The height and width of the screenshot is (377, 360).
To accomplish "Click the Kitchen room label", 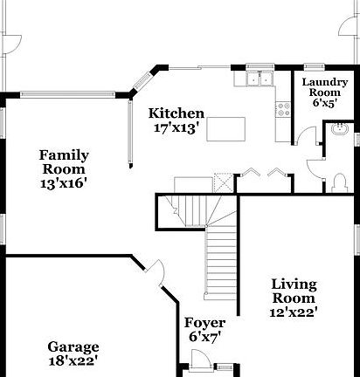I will pos(176,113).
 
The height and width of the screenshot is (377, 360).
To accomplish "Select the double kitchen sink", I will pos(258,80).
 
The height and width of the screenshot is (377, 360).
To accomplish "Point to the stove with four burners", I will pos(282,109).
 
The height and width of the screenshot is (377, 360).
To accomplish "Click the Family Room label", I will pos(64,161).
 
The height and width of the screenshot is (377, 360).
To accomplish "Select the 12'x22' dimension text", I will pos(294,311).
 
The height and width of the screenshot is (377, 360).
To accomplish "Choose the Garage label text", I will pos(73,346).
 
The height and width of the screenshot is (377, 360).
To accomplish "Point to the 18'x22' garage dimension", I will pos(73,360).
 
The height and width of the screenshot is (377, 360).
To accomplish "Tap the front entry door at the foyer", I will pos(199,360).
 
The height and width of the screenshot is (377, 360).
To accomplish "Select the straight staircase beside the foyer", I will pos(221,262).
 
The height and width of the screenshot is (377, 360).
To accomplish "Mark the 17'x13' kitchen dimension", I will pos(176,127).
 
